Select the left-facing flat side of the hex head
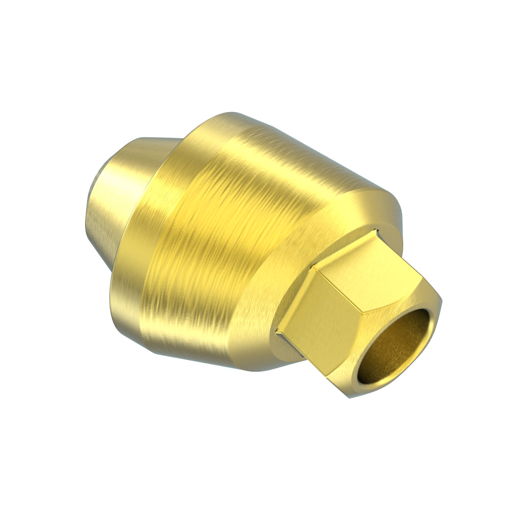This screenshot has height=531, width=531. pyautogui.click(x=315, y=320)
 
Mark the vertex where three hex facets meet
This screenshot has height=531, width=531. pyautogui.click(x=357, y=315)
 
